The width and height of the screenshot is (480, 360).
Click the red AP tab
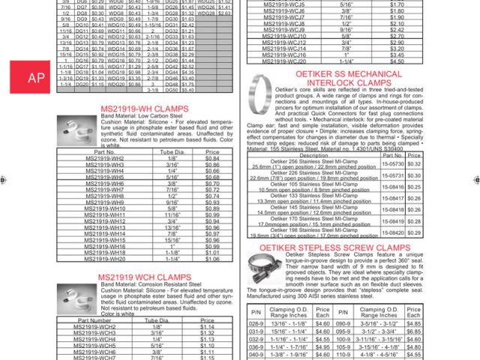[x=35, y=77]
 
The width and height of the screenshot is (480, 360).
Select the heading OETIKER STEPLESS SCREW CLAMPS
[x=324, y=247]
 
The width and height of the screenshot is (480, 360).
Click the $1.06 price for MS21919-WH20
[x=212, y=259]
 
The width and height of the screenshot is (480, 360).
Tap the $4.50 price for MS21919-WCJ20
[x=397, y=61]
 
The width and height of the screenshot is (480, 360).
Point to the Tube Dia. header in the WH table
[x=172, y=152]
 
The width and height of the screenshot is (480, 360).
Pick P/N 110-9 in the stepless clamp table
[x=343, y=355]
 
